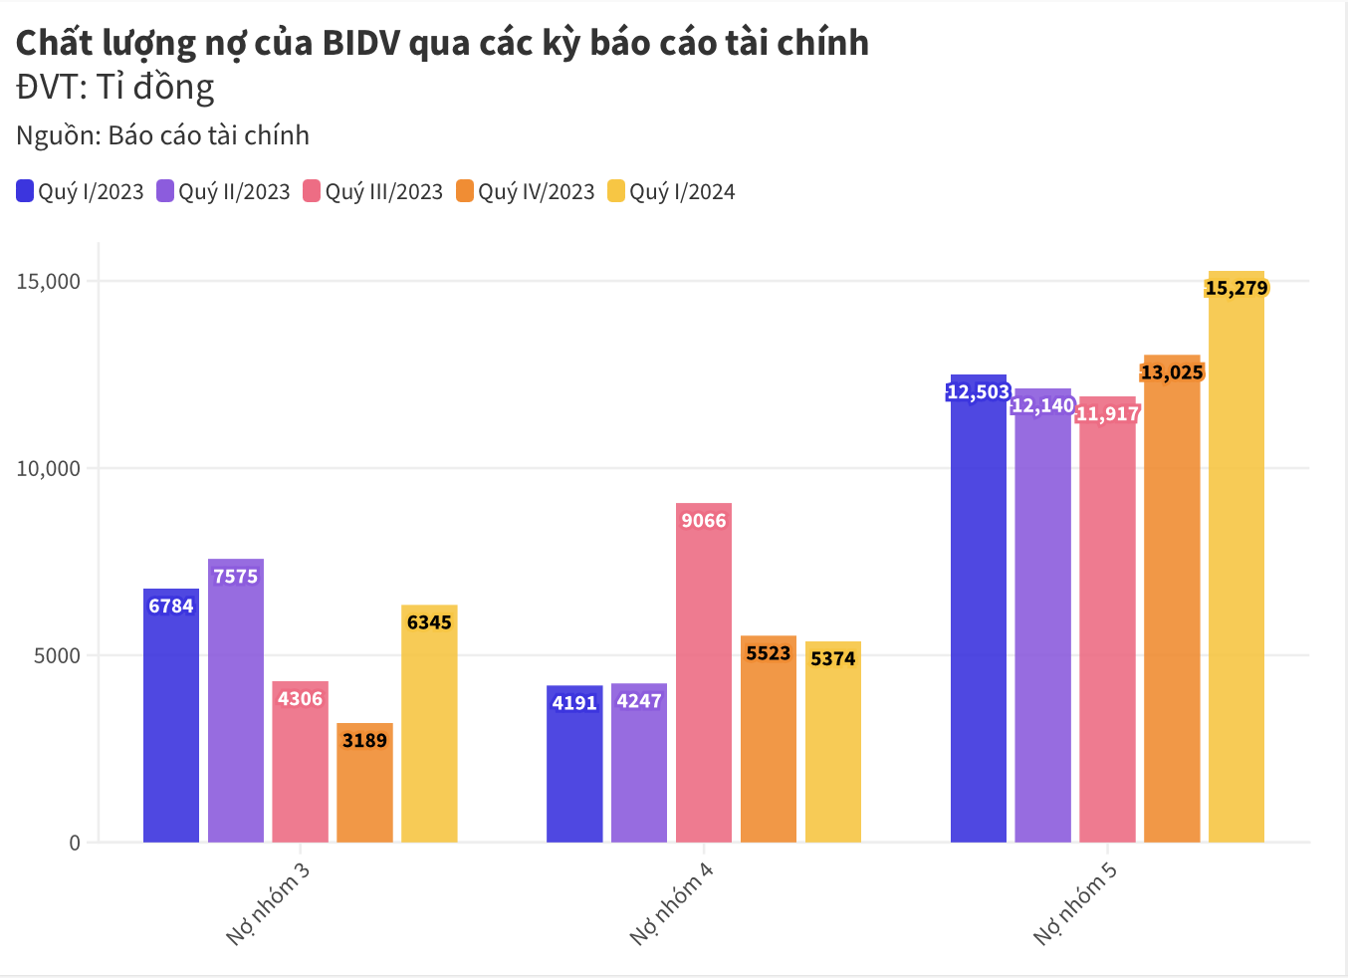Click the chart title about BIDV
click(x=442, y=43)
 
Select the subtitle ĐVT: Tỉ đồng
click(x=115, y=88)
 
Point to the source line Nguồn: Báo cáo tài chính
click(x=162, y=135)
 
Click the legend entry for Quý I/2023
click(x=81, y=191)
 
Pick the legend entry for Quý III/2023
click(x=372, y=191)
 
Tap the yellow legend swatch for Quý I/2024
click(x=616, y=191)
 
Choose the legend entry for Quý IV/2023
click(x=525, y=191)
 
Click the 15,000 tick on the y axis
click(x=48, y=282)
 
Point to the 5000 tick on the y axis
click(x=58, y=655)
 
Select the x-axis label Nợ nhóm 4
click(x=672, y=903)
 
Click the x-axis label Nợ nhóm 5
click(x=1075, y=903)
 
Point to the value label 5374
click(x=833, y=658)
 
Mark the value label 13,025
click(x=1172, y=372)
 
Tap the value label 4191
click(x=574, y=703)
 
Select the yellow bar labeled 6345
click(x=429, y=737)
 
